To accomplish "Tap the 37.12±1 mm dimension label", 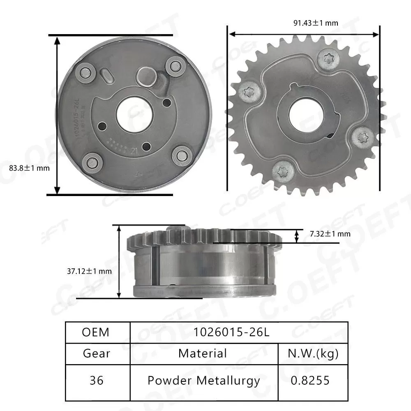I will pos(89,271).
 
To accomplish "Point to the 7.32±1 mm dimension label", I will pos(330,234).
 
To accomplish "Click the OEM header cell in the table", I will pos(96,332).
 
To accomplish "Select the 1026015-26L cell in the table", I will pos(238,332).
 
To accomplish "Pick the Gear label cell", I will pos(96,353).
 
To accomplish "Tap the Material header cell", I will pos(203,353).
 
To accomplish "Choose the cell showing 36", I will pos(96,381).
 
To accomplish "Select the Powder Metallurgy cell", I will pos(203,381).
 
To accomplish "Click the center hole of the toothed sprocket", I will pos(304,113).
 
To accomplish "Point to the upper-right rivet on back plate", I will pos(175,66).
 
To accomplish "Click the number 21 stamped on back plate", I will pos(134,151).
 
